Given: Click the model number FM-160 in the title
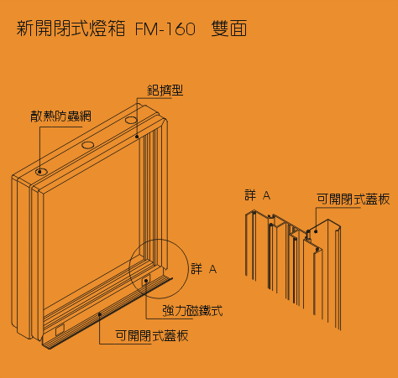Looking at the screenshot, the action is (165, 28).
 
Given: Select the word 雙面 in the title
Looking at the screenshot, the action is (229, 28).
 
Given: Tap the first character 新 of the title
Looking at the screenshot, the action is (25, 28).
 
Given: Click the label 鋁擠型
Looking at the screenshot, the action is (165, 91).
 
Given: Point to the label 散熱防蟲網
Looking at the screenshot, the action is (60, 116).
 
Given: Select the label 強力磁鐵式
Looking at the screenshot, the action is (192, 311).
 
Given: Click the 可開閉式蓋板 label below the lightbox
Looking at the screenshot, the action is (152, 336).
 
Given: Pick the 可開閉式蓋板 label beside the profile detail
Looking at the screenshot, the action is (353, 199).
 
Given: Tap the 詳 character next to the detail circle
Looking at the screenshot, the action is (196, 269).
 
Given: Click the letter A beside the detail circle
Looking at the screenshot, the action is (213, 269).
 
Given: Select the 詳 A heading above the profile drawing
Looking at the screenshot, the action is (258, 195).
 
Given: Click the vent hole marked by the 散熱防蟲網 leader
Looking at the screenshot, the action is (41, 172).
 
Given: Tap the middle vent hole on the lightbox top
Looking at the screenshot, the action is (88, 145).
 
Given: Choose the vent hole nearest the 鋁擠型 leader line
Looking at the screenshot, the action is (131, 121).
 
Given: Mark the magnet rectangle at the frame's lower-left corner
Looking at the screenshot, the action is (60, 330).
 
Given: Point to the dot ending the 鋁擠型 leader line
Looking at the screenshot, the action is (137, 137).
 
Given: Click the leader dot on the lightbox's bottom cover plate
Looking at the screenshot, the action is (100, 314).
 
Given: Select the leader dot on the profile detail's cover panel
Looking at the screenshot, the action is (316, 231).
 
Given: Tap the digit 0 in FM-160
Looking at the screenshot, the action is (190, 29).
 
